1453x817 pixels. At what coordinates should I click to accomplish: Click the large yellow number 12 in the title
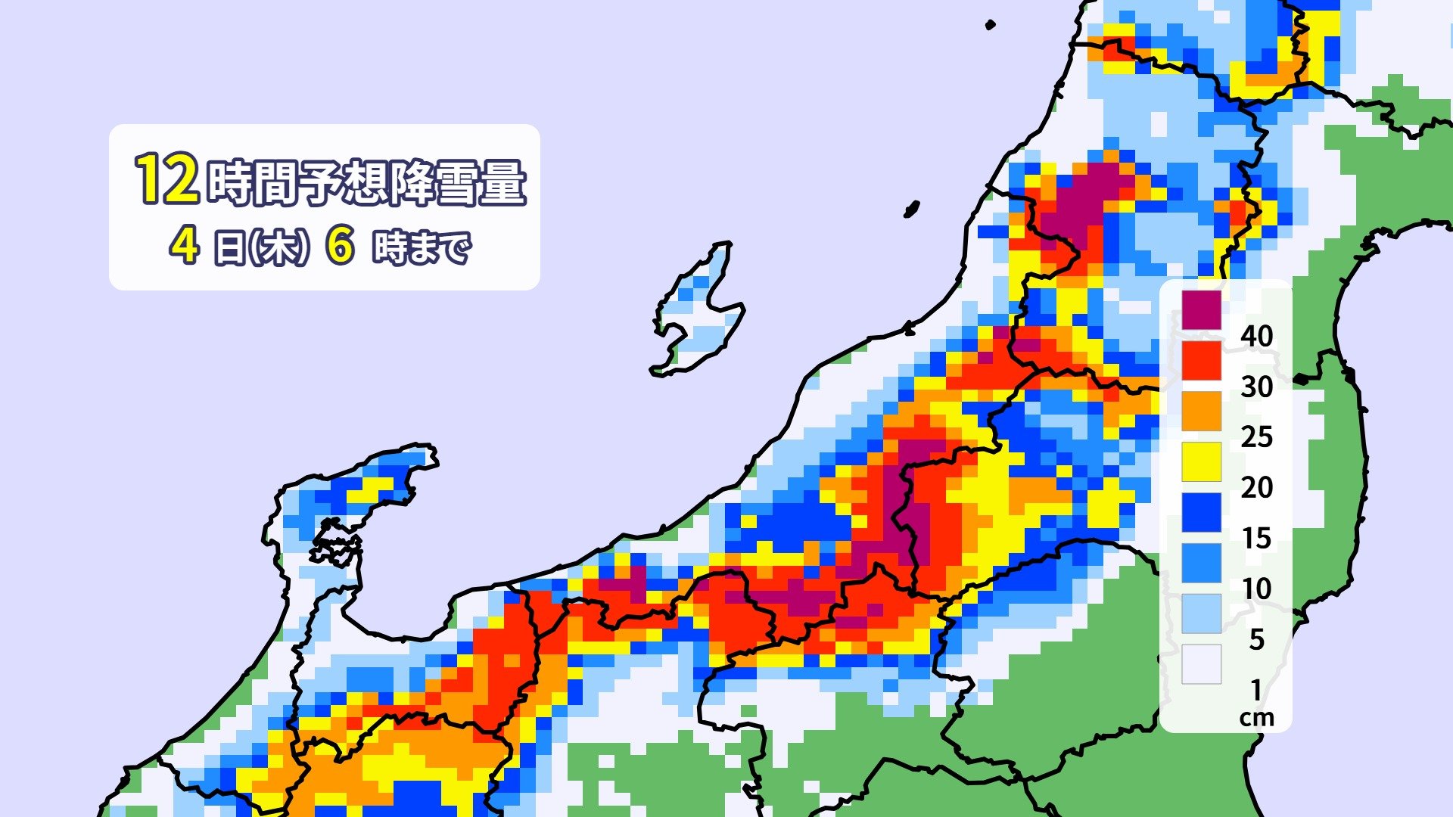[167, 179]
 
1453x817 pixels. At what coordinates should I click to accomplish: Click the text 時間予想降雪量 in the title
[366, 182]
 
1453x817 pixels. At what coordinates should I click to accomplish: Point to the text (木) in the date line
[281, 247]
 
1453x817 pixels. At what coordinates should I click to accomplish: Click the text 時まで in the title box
[422, 247]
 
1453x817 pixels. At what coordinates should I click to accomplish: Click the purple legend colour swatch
[1202, 310]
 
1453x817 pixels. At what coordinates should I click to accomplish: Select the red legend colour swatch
[1202, 361]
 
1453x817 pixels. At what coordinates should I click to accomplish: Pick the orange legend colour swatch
[1202, 411]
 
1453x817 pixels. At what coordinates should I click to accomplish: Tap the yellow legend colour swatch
[1202, 461]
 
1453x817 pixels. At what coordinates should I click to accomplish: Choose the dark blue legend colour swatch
[1202, 512]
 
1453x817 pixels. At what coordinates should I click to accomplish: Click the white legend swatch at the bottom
[1202, 664]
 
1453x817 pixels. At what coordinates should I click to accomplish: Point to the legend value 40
[1256, 336]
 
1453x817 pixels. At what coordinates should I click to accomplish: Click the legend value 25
[1256, 436]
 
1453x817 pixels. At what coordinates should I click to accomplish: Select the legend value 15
[1256, 538]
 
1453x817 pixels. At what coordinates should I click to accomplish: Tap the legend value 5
[1256, 639]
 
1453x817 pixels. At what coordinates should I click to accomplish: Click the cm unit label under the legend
[1256, 717]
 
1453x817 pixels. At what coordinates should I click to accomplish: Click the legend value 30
[1256, 387]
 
